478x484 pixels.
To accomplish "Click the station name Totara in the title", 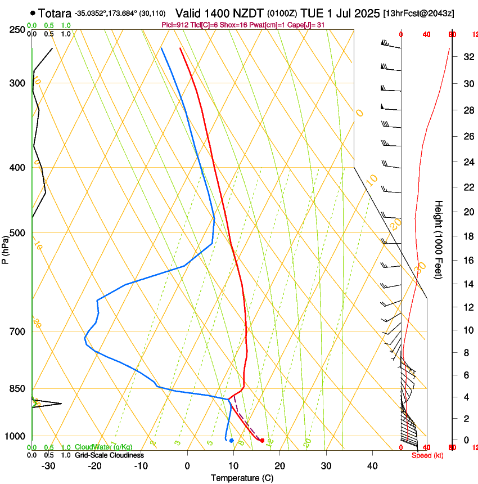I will (x=55, y=12).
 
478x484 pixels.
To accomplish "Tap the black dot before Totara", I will (x=34, y=13).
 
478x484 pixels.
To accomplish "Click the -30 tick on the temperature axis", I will (x=48, y=466).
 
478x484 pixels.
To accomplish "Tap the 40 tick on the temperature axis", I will (x=372, y=466).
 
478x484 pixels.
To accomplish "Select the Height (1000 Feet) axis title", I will (x=439, y=240).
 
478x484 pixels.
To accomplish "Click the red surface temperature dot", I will (x=262, y=440).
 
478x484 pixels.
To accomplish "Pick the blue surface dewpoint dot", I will (x=231, y=440).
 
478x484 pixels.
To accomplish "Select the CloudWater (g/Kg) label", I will (x=103, y=447).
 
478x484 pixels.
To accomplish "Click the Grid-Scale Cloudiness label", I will (x=109, y=455).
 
